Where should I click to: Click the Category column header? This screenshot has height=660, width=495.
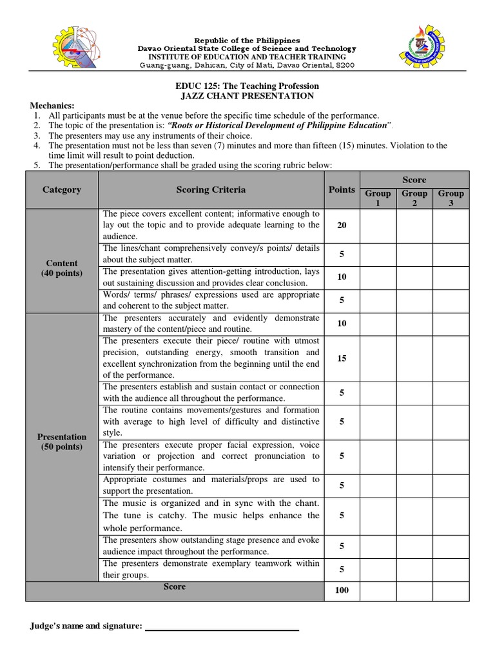coord(62,189)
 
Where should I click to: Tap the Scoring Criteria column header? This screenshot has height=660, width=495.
coord(211,189)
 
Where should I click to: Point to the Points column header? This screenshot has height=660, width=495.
coord(342,189)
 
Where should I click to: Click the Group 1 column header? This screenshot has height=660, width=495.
coord(378,198)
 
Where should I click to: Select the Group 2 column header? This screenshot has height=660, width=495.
coord(414,198)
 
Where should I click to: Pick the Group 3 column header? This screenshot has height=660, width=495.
coord(451,198)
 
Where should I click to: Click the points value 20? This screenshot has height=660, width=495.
coord(342,225)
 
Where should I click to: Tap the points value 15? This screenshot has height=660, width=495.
coord(342,358)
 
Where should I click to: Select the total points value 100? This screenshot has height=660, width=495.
coord(342,590)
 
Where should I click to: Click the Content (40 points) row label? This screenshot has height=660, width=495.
coord(62,268)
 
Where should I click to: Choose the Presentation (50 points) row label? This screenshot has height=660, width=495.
coord(62,442)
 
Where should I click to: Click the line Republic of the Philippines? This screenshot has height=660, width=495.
coord(247,41)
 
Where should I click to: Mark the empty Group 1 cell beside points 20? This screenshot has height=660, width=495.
coord(378,225)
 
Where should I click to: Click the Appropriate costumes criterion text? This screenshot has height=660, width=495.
coord(211,485)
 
